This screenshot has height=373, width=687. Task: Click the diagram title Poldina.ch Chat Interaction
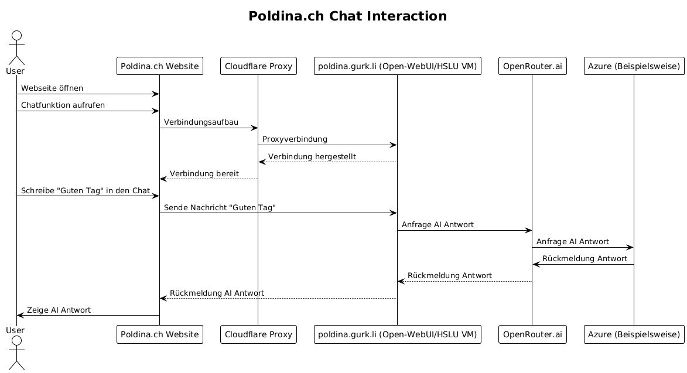pyautogui.click(x=347, y=16)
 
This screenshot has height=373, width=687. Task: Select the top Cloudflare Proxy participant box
pyautogui.click(x=258, y=67)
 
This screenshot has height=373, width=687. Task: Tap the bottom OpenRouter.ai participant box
pyautogui.click(x=532, y=334)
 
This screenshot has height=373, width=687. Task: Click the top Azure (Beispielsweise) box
pyautogui.click(x=634, y=67)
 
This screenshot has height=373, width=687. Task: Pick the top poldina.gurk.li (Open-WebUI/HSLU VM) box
pyautogui.click(x=397, y=67)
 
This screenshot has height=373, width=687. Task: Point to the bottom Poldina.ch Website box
pyautogui.click(x=159, y=334)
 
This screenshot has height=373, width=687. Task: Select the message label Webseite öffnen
pyautogui.click(x=52, y=88)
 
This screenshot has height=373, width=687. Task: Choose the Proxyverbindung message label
pyautogui.click(x=295, y=139)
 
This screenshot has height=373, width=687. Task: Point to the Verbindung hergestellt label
pyautogui.click(x=312, y=156)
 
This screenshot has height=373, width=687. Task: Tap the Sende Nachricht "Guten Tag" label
pyautogui.click(x=220, y=207)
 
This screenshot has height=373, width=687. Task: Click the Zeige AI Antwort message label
pyautogui.click(x=59, y=310)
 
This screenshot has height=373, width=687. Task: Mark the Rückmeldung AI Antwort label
pyautogui.click(x=217, y=293)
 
